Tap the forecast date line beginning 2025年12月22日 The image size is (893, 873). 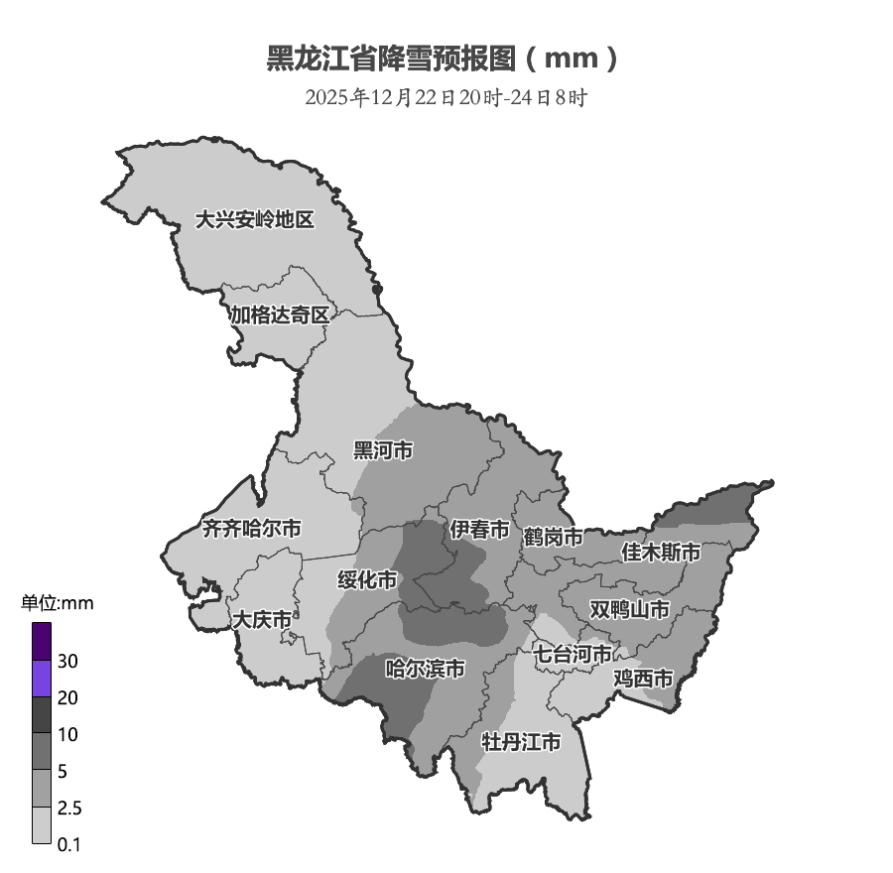click(446, 98)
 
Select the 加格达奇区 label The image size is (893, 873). click(279, 315)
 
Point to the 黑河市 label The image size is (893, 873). click(383, 451)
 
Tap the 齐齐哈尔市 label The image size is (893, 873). click(251, 529)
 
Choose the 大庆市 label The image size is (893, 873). click(262, 620)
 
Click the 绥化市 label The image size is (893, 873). click(367, 579)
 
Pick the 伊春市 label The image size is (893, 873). click(479, 530)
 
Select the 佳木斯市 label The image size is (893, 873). click(661, 552)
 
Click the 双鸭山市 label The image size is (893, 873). click(629, 608)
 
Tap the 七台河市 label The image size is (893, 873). click(574, 654)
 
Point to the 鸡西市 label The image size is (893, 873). click(643, 680)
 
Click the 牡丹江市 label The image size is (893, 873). click(521, 742)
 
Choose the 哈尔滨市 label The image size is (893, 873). click(425, 670)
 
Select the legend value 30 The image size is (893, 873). click(68, 662)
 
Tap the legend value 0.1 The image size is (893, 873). click(68, 845)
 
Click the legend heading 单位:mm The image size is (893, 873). click(58, 603)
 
